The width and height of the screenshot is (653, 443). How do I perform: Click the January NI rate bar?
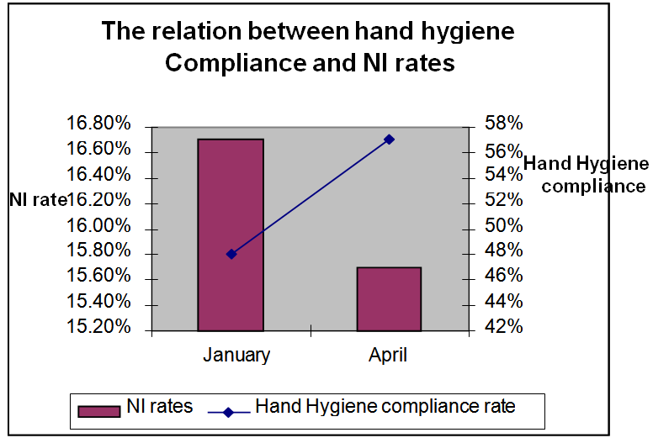coord(231,235)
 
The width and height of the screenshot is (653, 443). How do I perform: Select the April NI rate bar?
coord(389,298)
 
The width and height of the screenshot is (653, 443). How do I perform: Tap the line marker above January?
coord(231,254)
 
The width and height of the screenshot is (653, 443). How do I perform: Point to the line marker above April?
coord(389,139)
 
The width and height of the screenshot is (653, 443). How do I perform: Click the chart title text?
coord(309,47)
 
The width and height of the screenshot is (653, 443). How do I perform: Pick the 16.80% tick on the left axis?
coord(99,124)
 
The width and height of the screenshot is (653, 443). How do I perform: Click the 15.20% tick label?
coord(99,327)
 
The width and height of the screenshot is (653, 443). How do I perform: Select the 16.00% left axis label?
coord(99,226)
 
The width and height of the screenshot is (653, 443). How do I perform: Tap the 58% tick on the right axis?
coord(504,124)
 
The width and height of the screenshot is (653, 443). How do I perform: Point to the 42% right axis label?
coord(504,327)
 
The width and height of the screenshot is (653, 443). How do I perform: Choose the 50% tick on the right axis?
coord(504,226)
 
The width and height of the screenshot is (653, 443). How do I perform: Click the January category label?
coord(236,355)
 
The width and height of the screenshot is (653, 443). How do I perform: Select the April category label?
coord(388,355)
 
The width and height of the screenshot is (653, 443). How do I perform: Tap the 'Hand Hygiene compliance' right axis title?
coord(587,175)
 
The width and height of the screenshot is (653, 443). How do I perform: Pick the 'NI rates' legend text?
coord(159,407)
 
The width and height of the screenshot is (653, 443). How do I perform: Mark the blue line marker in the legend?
coord(228,410)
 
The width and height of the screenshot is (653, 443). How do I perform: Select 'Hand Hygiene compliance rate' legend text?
coord(385,407)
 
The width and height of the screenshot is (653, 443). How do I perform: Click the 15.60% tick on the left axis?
coord(99,277)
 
